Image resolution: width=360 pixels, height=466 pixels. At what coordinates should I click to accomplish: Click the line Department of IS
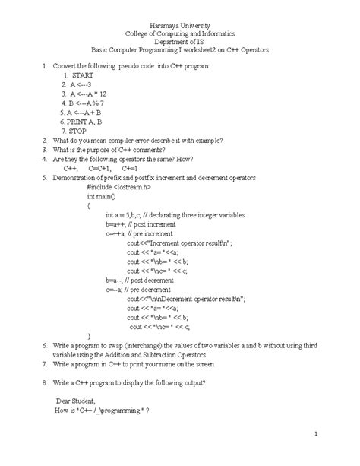180,46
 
